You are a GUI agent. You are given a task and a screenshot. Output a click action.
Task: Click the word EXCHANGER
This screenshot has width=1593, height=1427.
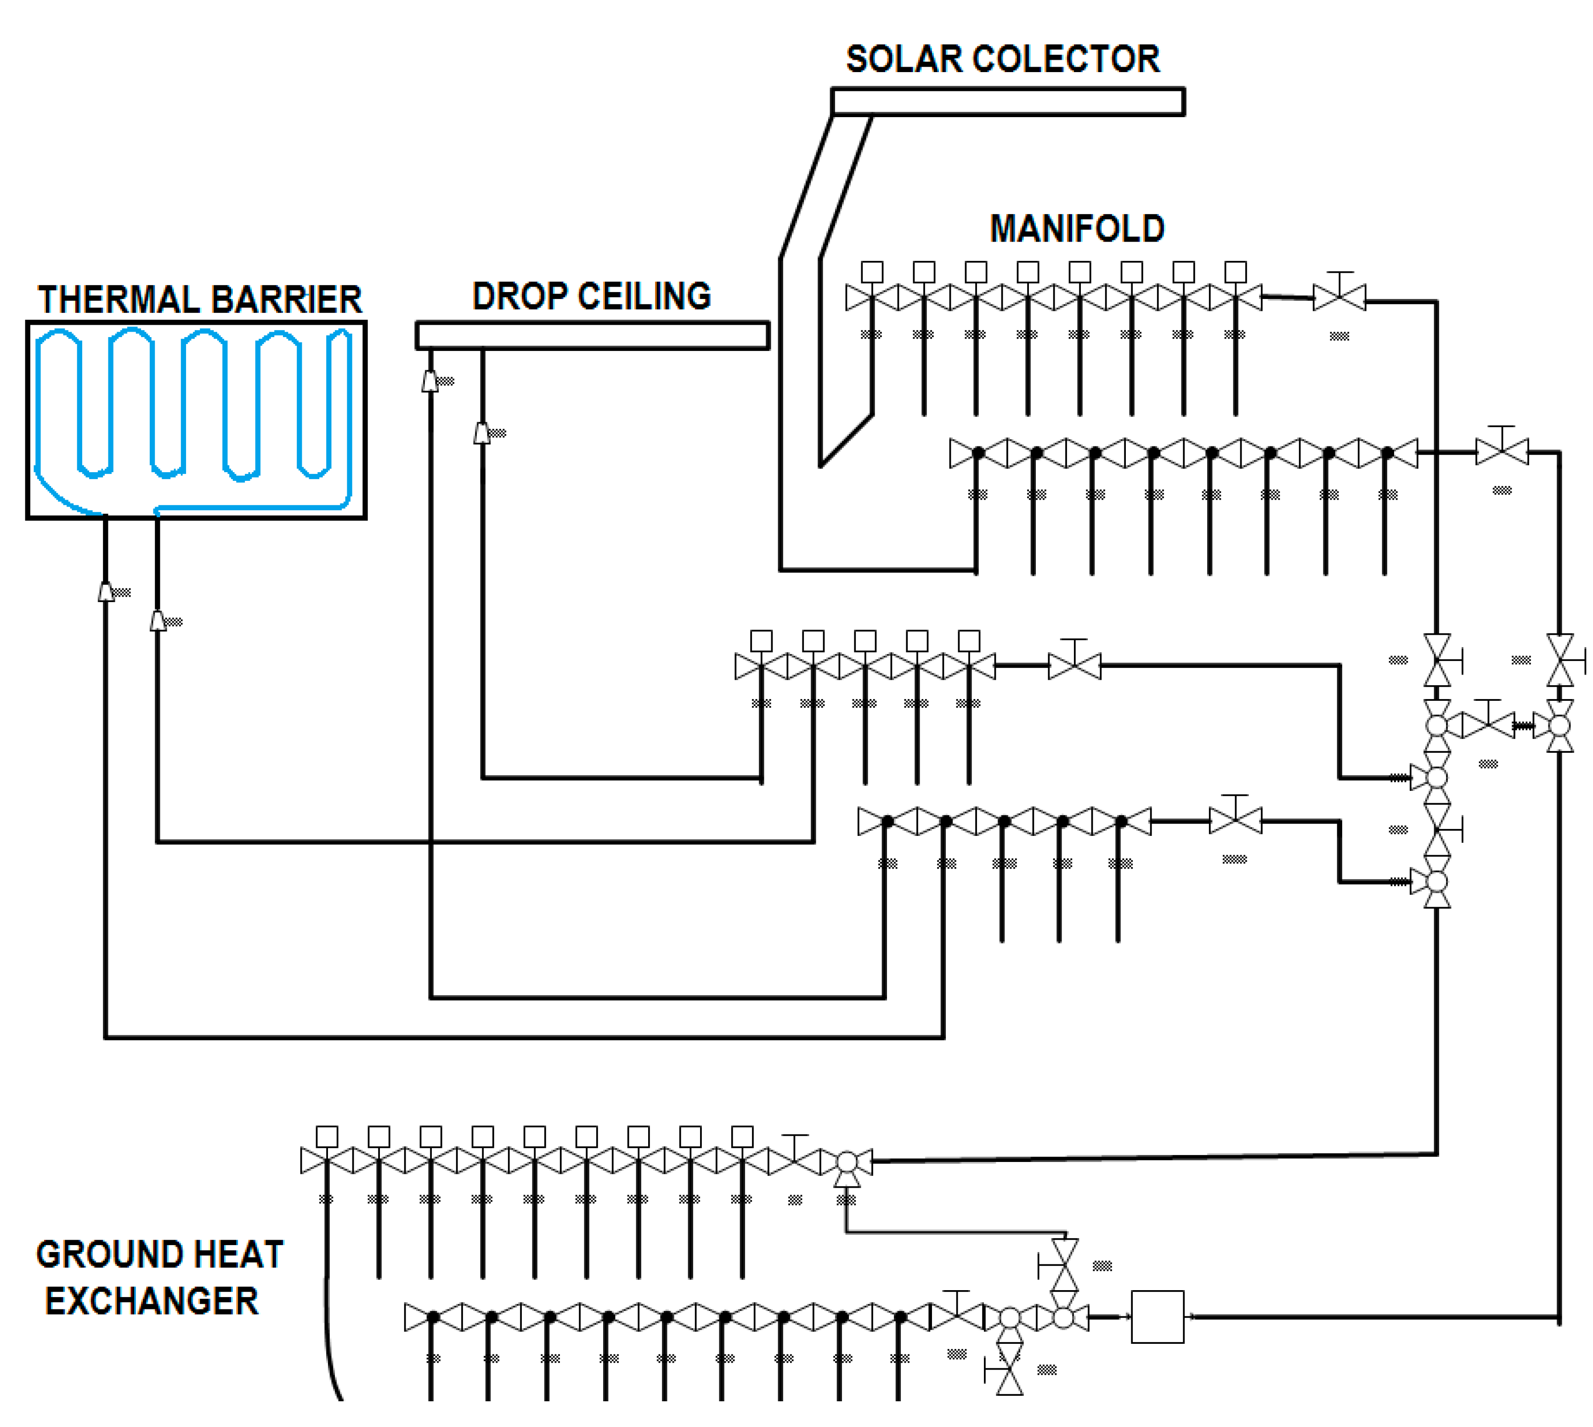click(151, 1302)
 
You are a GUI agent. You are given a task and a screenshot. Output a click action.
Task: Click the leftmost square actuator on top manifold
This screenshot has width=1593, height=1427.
click(872, 272)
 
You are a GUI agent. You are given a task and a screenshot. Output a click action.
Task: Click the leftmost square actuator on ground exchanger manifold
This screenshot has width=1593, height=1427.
click(327, 1137)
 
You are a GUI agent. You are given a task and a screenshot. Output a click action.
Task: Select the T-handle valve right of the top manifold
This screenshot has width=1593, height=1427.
click(1339, 294)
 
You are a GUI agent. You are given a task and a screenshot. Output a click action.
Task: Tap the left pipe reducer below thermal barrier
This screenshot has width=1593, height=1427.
click(106, 592)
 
